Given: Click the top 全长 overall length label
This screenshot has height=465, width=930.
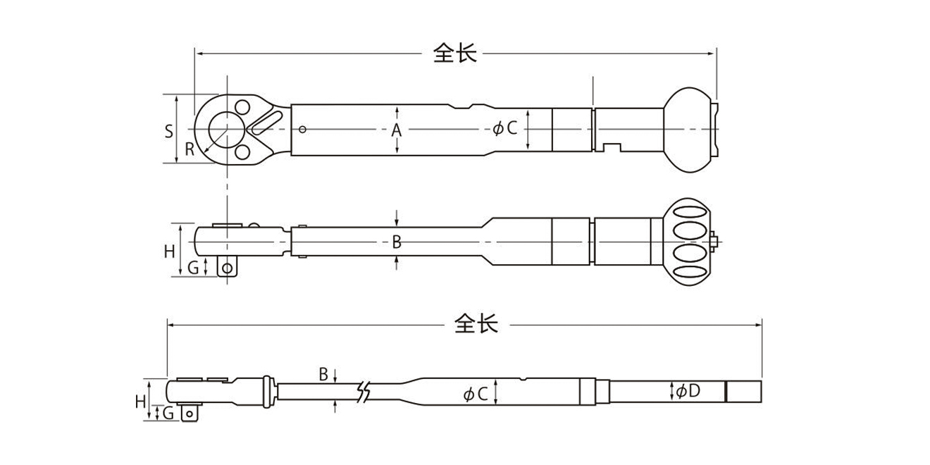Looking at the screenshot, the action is click(454, 53).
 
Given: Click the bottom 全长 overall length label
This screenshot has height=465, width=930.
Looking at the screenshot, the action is click(476, 324).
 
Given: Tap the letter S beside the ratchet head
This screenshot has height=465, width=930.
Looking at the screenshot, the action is click(168, 132).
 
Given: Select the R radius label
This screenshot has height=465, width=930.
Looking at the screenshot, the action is click(190, 149).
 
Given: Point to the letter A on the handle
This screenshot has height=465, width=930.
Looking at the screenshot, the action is click(397, 130).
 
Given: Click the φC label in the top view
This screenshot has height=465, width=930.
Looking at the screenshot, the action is click(505, 128).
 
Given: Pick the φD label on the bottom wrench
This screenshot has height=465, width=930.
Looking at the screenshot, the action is click(688, 391).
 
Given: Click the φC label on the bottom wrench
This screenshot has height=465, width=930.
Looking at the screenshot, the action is click(476, 394).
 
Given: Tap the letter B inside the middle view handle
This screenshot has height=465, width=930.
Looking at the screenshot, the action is click(397, 242).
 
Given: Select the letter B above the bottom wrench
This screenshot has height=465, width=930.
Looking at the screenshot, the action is click(323, 375).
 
